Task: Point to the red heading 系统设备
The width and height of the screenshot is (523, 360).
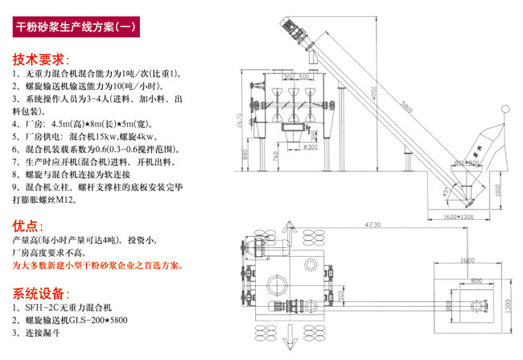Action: [40, 293]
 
